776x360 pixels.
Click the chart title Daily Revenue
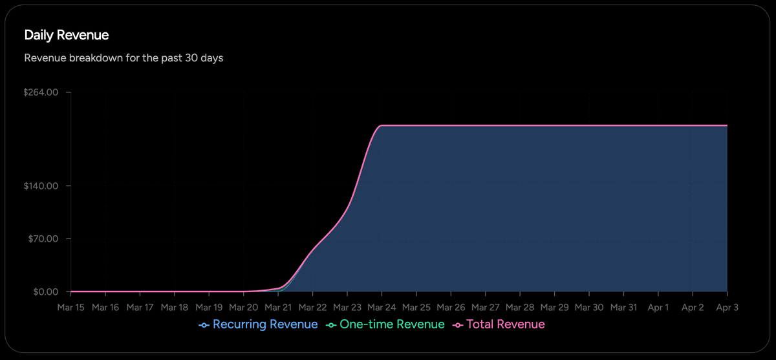tap(66, 35)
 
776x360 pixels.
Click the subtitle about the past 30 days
tap(124, 58)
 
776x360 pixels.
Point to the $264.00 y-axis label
tap(41, 92)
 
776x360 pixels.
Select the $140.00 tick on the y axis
tap(41, 186)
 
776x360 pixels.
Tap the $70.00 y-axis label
tap(43, 238)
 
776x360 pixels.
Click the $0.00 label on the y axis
tap(45, 291)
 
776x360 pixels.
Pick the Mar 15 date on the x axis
tap(70, 308)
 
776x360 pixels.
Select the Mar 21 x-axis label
tap(278, 308)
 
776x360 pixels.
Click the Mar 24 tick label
tap(382, 308)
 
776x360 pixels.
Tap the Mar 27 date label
tap(485, 308)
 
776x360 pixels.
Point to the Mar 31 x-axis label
tap(623, 308)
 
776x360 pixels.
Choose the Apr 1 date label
tap(658, 308)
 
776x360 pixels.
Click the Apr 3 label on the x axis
tap(727, 308)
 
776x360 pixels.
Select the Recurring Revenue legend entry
tap(259, 324)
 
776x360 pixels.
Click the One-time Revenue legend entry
tap(385, 324)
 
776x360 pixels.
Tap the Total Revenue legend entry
tap(499, 324)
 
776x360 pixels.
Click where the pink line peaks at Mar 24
tap(382, 125)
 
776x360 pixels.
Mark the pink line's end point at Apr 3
tap(727, 125)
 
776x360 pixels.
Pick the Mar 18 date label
tap(175, 308)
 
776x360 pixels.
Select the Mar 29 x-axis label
tap(554, 308)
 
